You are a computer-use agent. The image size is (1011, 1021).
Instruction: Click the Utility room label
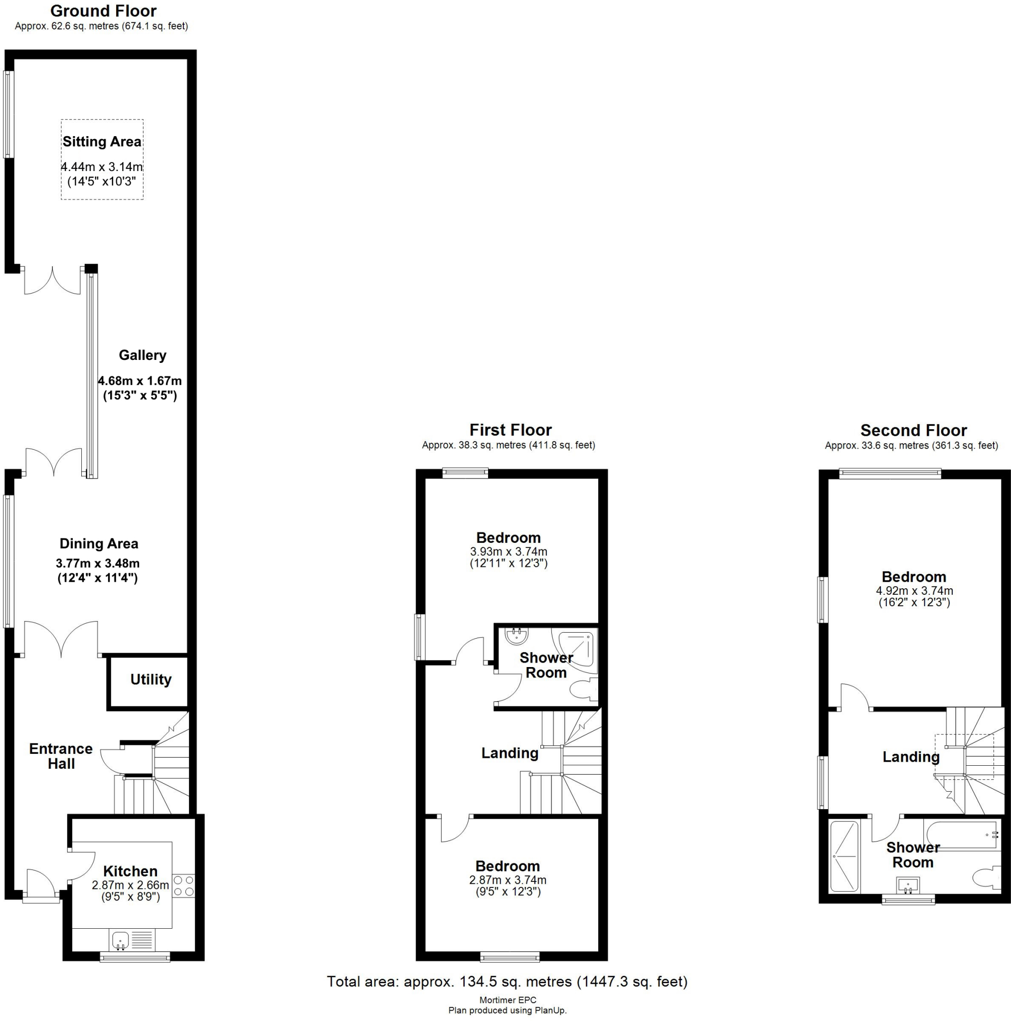click(x=151, y=679)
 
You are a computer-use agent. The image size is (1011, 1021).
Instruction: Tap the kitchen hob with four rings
click(x=183, y=886)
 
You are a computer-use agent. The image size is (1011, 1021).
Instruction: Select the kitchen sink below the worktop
click(x=121, y=940)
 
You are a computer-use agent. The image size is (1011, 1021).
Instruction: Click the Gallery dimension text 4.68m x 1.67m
click(x=140, y=380)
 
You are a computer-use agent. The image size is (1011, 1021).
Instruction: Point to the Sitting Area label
click(x=102, y=142)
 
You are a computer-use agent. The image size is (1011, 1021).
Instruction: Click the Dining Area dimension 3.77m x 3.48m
click(x=98, y=563)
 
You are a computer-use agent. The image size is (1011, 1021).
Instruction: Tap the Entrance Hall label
click(x=61, y=756)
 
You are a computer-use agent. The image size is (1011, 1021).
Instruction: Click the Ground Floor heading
click(x=103, y=10)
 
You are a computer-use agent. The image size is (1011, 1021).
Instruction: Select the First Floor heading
click(x=510, y=430)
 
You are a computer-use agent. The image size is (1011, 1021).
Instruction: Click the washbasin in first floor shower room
click(x=515, y=636)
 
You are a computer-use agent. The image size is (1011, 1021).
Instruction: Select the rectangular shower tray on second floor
click(x=844, y=856)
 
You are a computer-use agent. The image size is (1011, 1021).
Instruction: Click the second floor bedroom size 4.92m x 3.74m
click(x=914, y=591)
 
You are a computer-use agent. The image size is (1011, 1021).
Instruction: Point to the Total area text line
click(x=507, y=981)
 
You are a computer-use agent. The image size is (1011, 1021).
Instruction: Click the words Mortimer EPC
click(x=507, y=1000)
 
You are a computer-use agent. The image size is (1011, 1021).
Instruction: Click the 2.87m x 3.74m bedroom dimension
click(x=507, y=880)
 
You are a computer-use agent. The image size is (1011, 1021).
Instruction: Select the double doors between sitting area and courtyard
click(x=52, y=280)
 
